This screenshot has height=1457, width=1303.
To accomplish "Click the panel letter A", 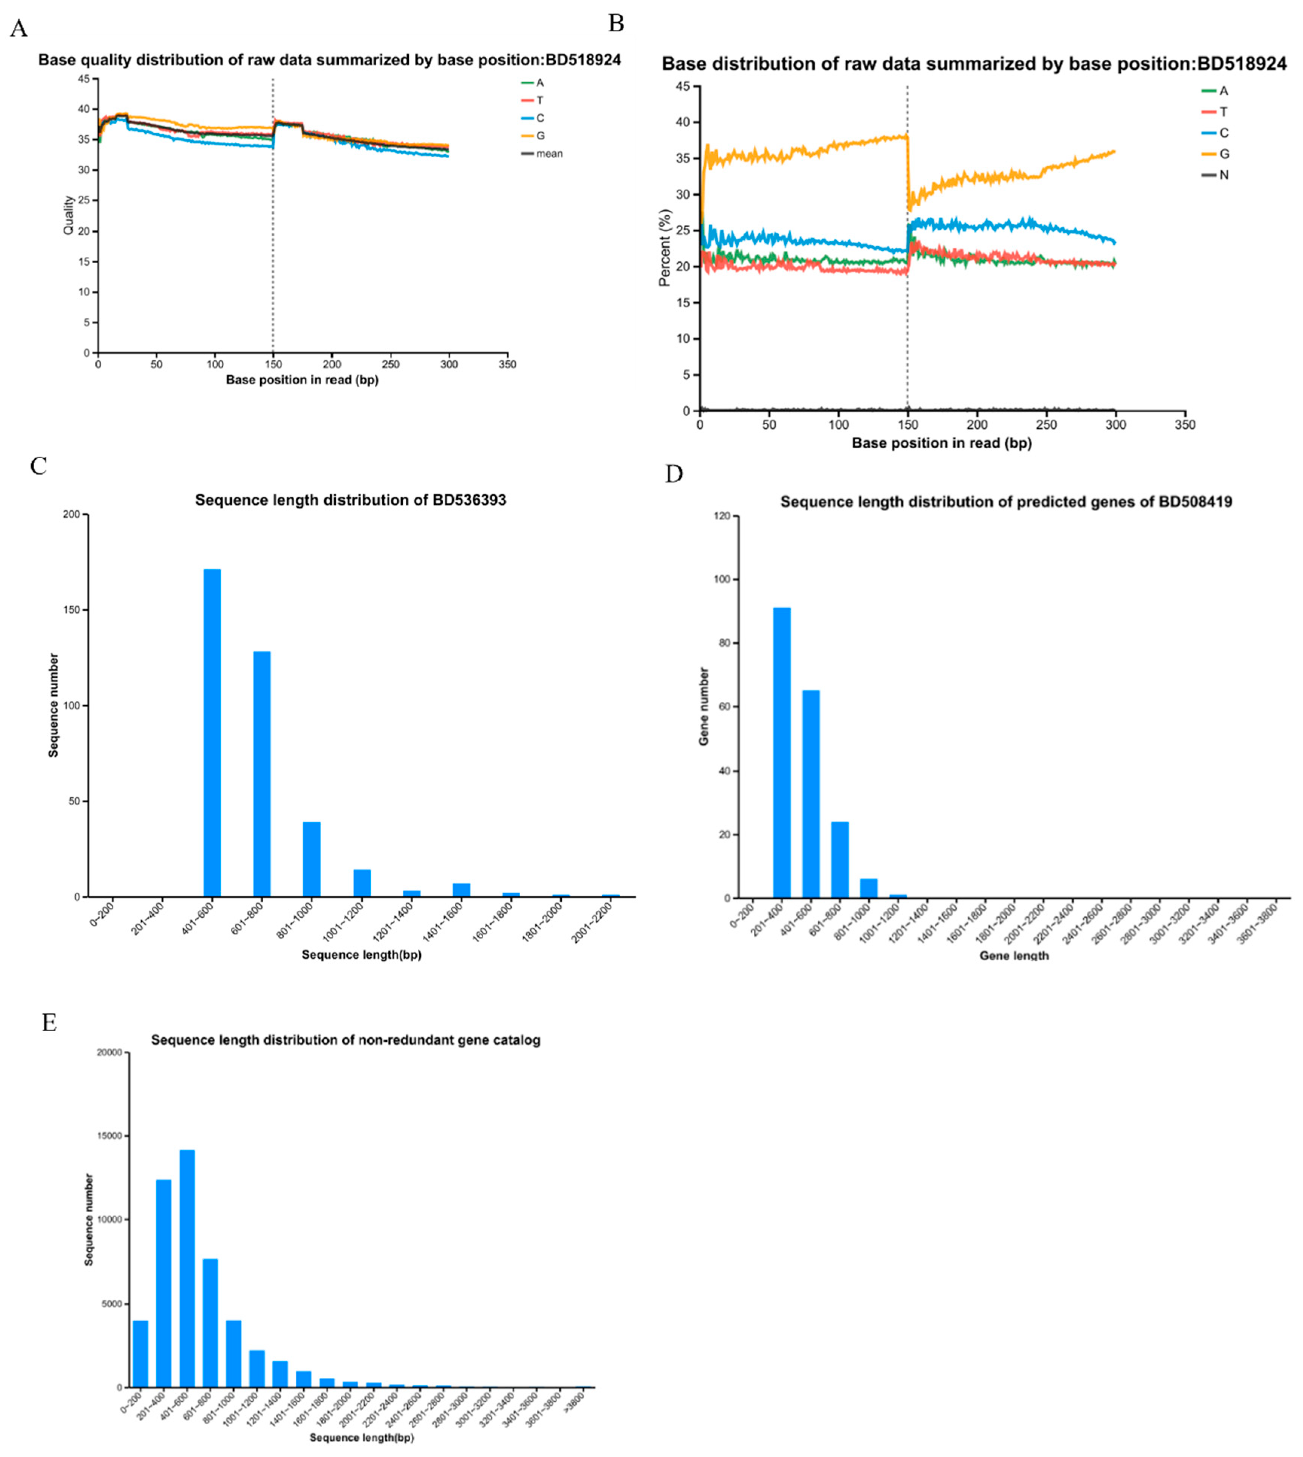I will coord(18,29).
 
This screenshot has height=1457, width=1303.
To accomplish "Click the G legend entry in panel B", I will coord(1224,154).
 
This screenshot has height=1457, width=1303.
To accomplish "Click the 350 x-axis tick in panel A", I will coord(507,364).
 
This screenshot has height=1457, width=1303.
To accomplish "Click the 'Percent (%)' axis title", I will coord(665,248).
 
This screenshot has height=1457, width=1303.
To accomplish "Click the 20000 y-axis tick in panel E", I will coord(109,1053).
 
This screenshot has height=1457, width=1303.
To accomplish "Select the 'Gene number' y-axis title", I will coord(704,706).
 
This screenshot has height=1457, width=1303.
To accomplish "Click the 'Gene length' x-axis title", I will coord(1014,956).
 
